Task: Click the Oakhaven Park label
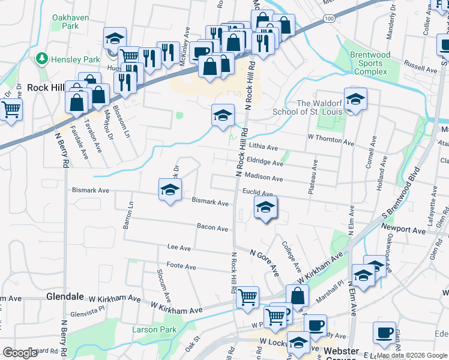point(65,22)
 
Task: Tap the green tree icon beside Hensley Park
point(42,59)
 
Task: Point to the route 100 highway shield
point(329,19)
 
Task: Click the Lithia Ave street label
point(264,148)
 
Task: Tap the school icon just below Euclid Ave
point(264,208)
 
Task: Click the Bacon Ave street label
point(212,228)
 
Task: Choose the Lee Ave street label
point(179,248)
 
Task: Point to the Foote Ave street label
point(181,266)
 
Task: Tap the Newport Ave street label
point(403,230)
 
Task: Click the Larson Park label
point(155,329)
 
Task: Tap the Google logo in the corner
point(20,353)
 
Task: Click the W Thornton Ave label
point(331,140)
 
